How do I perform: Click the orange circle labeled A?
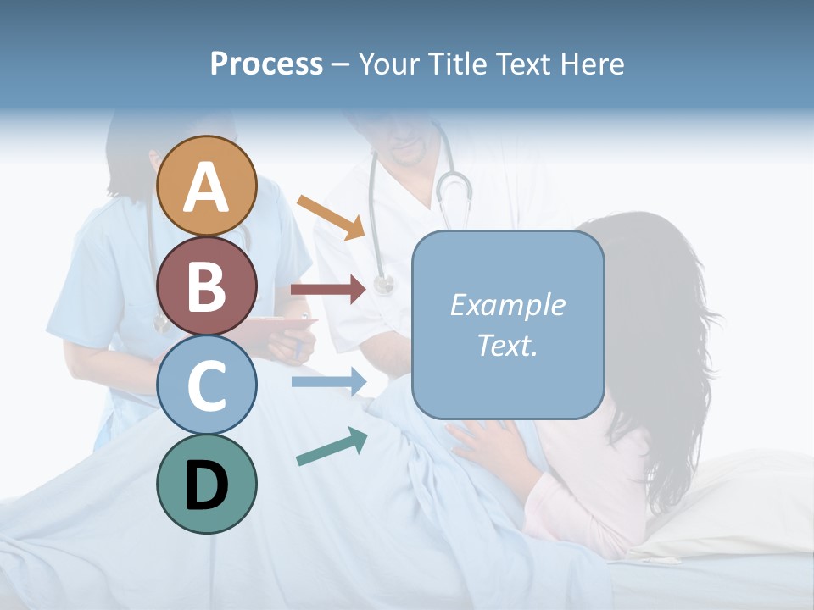click(x=206, y=186)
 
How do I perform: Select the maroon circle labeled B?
click(x=206, y=286)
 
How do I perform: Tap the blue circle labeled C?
click(x=206, y=385)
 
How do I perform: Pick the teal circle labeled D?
click(x=206, y=484)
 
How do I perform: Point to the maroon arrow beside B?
click(x=328, y=290)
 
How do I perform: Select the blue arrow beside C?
click(x=328, y=382)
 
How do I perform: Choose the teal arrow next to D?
click(x=332, y=447)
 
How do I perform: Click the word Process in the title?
click(x=266, y=64)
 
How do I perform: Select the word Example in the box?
click(x=507, y=305)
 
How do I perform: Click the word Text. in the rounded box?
click(x=507, y=345)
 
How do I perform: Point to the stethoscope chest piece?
click(x=384, y=286)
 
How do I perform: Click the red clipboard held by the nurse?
click(x=280, y=325)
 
